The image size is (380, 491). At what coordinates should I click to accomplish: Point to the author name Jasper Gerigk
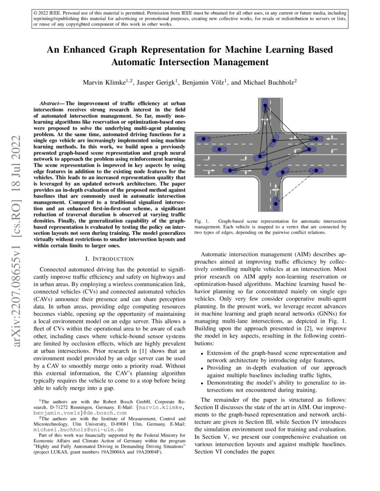(154, 82)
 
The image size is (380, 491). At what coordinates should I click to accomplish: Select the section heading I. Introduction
(109, 258)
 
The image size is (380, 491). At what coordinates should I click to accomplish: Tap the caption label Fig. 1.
(202, 221)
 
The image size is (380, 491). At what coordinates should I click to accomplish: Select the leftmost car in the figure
(204, 139)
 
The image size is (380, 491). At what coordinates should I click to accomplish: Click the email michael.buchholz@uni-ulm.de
(64, 429)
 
